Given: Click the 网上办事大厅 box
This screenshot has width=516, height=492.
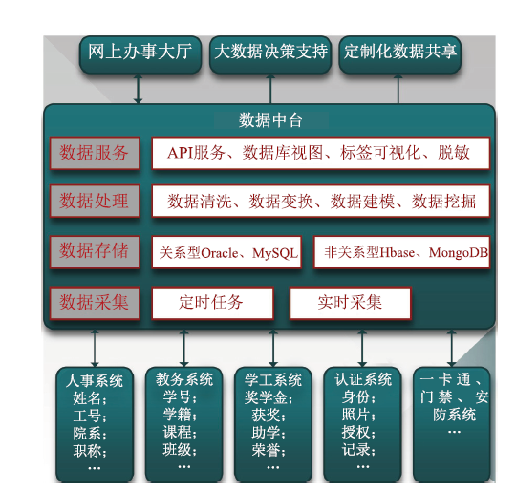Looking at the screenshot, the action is pyautogui.click(x=140, y=54).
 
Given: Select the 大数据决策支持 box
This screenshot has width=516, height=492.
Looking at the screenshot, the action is pyautogui.click(x=270, y=54).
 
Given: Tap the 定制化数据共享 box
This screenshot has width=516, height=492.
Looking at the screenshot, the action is pyautogui.click(x=399, y=54).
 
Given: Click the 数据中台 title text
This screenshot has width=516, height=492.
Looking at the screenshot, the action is pyautogui.click(x=270, y=120).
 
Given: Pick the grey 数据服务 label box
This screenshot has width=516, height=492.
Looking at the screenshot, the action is pyautogui.click(x=95, y=154).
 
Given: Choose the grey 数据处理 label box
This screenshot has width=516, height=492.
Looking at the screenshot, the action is pyautogui.click(x=95, y=201).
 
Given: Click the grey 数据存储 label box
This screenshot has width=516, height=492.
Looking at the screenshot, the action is pyautogui.click(x=95, y=252).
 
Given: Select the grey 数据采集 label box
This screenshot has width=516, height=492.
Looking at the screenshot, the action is pyautogui.click(x=95, y=303).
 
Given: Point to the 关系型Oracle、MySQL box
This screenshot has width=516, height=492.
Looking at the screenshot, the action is pyautogui.click(x=226, y=252).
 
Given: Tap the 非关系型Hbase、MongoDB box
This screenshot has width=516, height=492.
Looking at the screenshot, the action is pyautogui.click(x=401, y=252).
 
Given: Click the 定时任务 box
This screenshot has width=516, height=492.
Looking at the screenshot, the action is pyautogui.click(x=212, y=303).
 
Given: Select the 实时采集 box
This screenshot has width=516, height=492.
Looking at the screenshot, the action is pyautogui.click(x=350, y=303).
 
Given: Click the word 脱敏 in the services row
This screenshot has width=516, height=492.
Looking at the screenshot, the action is pyautogui.click(x=454, y=153).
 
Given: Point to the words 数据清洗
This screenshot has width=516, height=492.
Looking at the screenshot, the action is pyautogui.click(x=200, y=202).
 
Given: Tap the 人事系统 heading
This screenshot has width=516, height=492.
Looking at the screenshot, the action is pyautogui.click(x=95, y=381).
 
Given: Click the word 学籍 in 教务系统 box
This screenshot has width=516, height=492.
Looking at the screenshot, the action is pyautogui.click(x=177, y=415).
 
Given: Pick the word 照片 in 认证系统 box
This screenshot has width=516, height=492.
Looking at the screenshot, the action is pyautogui.click(x=355, y=415).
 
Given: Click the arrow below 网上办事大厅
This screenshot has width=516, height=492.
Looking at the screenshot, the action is pyautogui.click(x=139, y=89).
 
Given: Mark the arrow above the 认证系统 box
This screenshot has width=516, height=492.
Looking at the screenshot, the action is pyautogui.click(x=362, y=348).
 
